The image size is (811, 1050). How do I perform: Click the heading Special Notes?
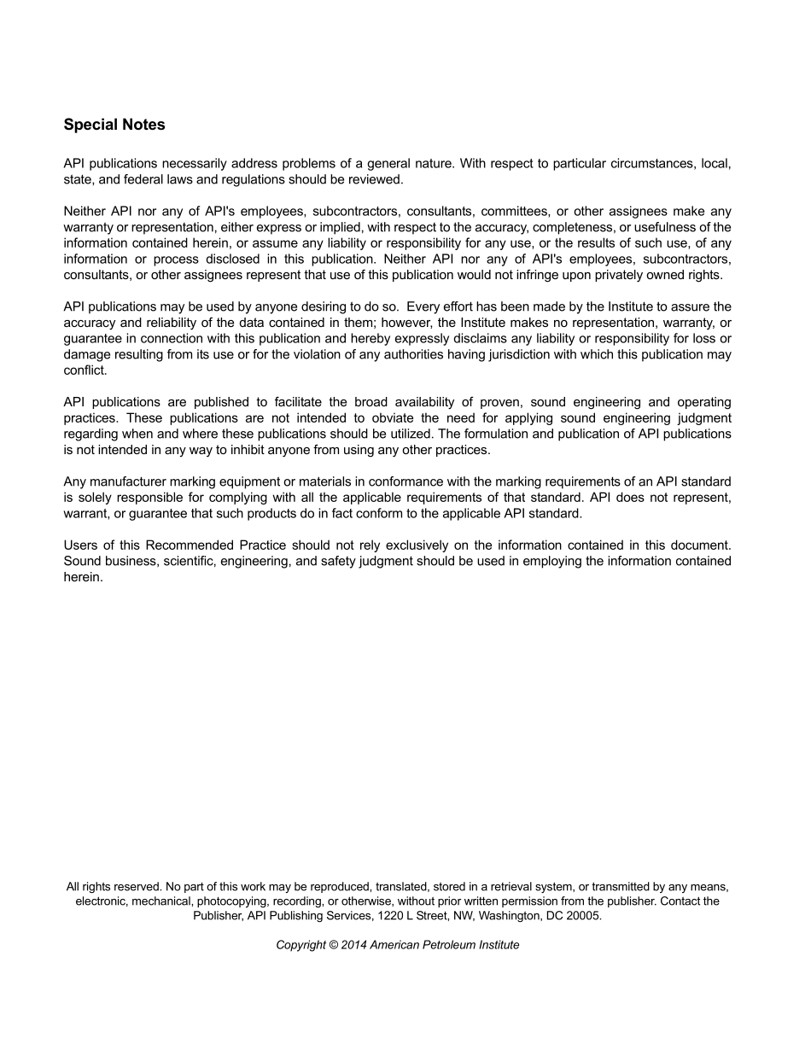click(x=114, y=125)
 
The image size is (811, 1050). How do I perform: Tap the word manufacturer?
click(x=130, y=481)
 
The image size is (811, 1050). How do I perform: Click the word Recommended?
click(x=190, y=545)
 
